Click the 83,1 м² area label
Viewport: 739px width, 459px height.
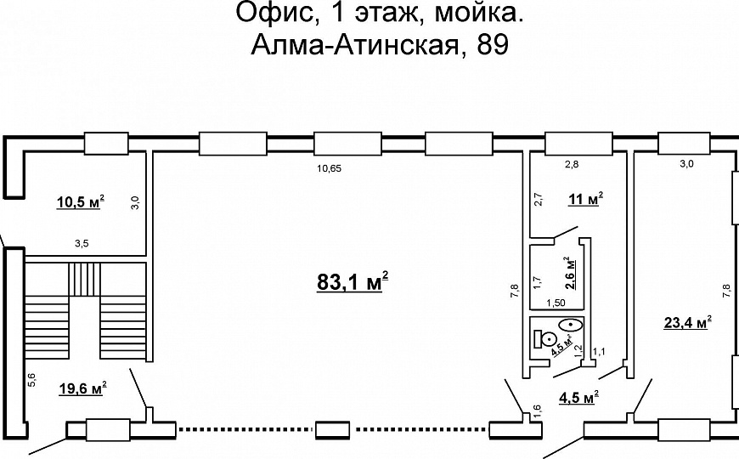(353, 282)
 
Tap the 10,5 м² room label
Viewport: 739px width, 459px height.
(80, 202)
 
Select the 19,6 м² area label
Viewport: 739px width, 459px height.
(82, 388)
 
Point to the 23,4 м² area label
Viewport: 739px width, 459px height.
(687, 323)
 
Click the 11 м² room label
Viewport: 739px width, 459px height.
(586, 199)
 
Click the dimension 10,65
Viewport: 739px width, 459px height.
(329, 168)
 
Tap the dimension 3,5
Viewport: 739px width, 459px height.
(82, 244)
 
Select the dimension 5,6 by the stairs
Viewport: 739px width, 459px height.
(31, 380)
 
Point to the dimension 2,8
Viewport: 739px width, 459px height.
(572, 164)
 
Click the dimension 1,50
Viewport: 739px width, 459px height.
(556, 303)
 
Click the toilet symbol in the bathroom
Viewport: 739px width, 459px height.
(544, 338)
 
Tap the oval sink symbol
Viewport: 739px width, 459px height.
(571, 325)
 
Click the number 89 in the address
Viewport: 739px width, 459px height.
(493, 46)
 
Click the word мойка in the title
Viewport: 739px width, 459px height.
(478, 14)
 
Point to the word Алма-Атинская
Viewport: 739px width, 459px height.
(355, 46)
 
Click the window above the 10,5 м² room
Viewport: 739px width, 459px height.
(106, 144)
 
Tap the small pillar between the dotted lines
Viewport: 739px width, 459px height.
(333, 430)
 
